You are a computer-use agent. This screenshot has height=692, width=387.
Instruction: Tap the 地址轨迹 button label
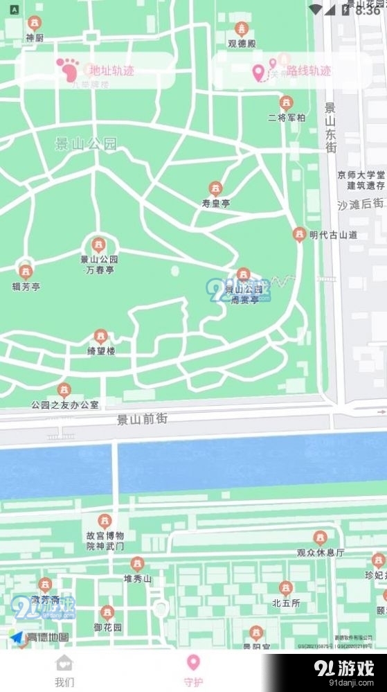click(107, 70)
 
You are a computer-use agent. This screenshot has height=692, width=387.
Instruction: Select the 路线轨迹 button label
click(309, 71)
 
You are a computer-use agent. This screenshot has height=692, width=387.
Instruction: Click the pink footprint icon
click(68, 69)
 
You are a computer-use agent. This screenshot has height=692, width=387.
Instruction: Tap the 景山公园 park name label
click(87, 144)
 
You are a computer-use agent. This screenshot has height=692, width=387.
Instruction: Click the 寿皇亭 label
click(215, 204)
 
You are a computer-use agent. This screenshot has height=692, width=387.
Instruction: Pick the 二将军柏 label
click(287, 118)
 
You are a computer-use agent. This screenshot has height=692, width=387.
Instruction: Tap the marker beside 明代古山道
click(299, 235)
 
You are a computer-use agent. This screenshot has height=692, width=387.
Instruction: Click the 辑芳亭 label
click(26, 286)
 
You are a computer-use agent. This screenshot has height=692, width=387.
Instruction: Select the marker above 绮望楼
click(101, 337)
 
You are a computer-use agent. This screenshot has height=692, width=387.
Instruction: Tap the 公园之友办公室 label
click(64, 405)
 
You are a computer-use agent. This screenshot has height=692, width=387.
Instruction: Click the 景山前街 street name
click(142, 419)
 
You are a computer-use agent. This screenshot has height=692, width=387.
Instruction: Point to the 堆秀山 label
click(137, 578)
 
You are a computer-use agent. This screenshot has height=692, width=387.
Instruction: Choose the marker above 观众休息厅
click(320, 538)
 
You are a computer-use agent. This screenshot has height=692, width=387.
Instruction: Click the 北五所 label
click(286, 603)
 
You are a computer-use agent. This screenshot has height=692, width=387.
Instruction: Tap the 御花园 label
click(107, 628)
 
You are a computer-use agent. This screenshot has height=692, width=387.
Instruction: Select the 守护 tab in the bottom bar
click(194, 671)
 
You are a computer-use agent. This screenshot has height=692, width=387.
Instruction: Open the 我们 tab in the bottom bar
click(64, 671)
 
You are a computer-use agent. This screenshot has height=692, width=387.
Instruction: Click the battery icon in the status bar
click(346, 10)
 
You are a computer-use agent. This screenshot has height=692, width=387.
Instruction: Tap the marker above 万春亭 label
click(98, 245)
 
